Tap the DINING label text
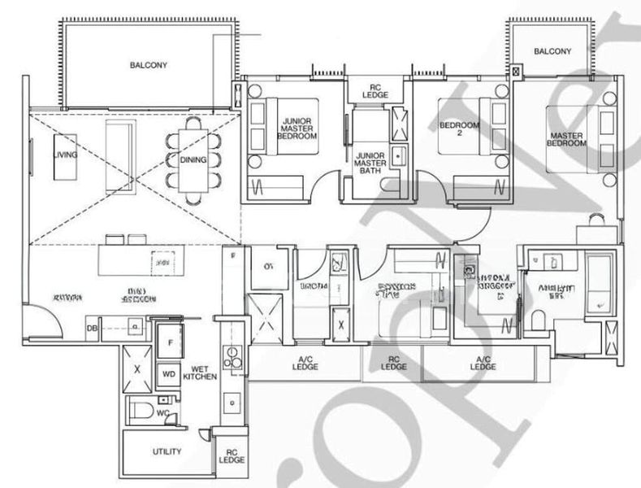click(x=193, y=159)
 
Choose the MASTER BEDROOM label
click(x=568, y=138)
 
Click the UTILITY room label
click(x=166, y=451)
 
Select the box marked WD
click(x=170, y=375)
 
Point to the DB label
click(x=93, y=329)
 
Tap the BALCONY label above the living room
click(x=149, y=66)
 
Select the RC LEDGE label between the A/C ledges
click(x=394, y=363)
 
